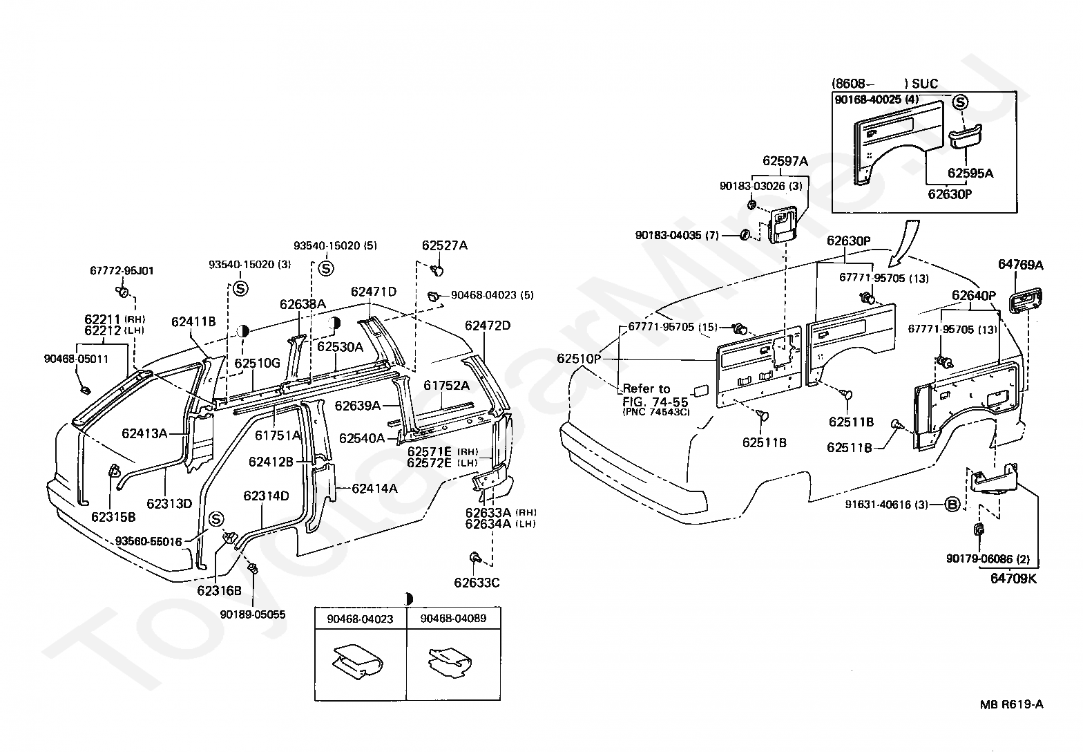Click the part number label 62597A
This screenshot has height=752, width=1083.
pos(785,161)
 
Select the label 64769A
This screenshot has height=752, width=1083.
pos(1021,265)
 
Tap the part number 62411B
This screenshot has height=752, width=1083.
pos(193,322)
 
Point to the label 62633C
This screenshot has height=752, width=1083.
pos(477,583)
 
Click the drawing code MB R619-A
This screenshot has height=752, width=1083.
pos(1011,704)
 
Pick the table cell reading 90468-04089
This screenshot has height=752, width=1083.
pos(454,619)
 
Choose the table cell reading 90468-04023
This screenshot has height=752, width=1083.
pos(361,619)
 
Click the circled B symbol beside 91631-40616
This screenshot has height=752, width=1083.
pos(952,505)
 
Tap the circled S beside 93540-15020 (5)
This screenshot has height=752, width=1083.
pos(326,269)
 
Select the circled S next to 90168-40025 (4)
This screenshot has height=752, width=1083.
pos(960,102)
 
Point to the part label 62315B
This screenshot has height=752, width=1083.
pos(113,517)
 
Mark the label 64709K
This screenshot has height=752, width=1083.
pos(1013,579)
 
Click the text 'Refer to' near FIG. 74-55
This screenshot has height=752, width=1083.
pos(646,388)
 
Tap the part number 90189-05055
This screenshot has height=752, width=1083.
pos(253,614)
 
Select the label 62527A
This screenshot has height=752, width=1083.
pos(445,245)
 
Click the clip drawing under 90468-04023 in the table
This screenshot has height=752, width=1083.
pos(358,661)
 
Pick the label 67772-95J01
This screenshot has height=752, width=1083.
pos(122,270)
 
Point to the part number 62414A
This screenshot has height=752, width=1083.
pos(374,488)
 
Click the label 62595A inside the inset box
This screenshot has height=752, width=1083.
pos(970,173)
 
